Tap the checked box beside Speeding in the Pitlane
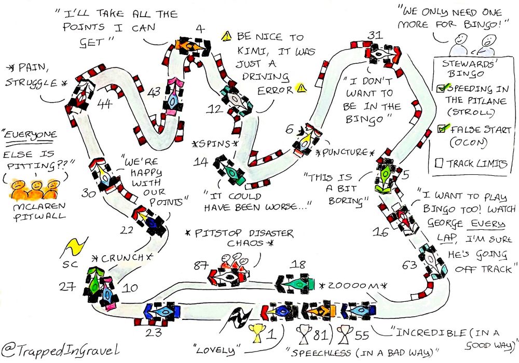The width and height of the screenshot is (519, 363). (x=441, y=89)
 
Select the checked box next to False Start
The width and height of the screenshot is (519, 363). (x=440, y=129)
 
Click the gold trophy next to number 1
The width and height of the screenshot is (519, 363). (x=255, y=332)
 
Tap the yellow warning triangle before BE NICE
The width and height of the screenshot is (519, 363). (x=226, y=36)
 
